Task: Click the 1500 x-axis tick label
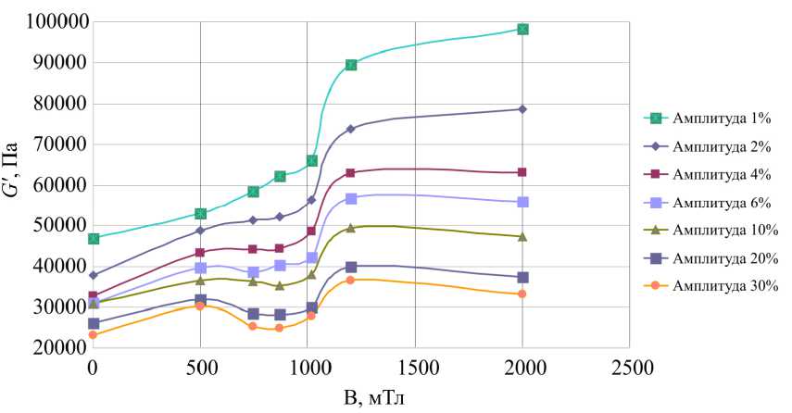pyautogui.click(x=415, y=368)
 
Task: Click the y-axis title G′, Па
pyautogui.click(x=13, y=183)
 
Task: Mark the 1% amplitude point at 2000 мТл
pyautogui.click(x=522, y=29)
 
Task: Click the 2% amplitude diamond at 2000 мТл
pyautogui.click(x=522, y=109)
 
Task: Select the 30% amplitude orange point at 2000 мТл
pyautogui.click(x=522, y=294)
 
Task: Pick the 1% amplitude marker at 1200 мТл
pyautogui.click(x=351, y=65)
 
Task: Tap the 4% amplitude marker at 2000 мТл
pyautogui.click(x=522, y=172)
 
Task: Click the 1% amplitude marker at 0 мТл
pyautogui.click(x=94, y=239)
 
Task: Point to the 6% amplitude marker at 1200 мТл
pyautogui.click(x=351, y=199)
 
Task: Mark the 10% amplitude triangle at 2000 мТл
pyautogui.click(x=522, y=236)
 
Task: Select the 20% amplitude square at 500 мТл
pyautogui.click(x=200, y=300)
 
